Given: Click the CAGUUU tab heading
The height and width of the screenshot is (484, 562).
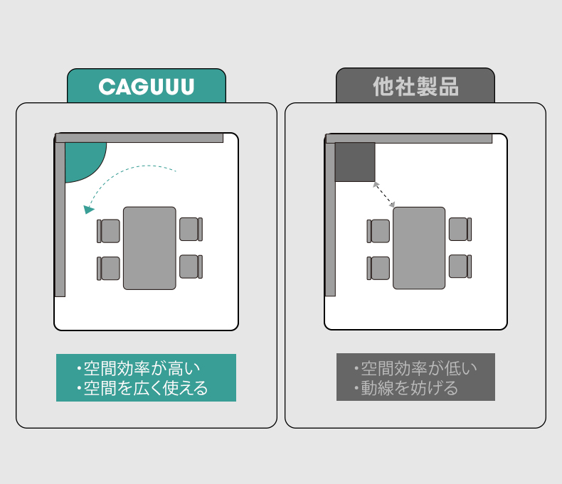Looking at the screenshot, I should [x=147, y=87].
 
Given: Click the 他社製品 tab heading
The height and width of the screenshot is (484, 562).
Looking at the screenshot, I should [x=415, y=87].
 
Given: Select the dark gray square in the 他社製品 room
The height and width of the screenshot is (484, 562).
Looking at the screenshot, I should [x=355, y=161].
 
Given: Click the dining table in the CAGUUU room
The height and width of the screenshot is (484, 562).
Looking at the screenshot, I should [x=149, y=248].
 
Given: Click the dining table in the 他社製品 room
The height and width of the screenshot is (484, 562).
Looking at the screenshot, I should [x=419, y=248].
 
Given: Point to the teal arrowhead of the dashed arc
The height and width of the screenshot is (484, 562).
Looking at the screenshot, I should [x=88, y=209].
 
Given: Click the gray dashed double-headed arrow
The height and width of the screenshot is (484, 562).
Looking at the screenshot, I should [x=383, y=194].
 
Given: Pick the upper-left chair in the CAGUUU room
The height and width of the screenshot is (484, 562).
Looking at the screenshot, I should [x=109, y=231].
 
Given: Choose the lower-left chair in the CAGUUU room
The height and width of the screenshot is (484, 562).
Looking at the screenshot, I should [x=109, y=268].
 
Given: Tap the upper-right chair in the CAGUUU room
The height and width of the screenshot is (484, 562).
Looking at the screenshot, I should [x=190, y=230].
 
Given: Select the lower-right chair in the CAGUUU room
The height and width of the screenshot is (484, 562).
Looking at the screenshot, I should [x=190, y=267].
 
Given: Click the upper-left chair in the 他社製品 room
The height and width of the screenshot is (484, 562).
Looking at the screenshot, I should [x=379, y=231].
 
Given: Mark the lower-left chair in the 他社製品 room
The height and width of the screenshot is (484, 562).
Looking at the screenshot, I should [x=379, y=268].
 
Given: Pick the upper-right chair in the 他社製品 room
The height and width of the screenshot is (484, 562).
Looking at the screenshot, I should [x=460, y=230].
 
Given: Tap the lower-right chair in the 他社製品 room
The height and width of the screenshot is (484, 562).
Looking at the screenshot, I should [x=460, y=267].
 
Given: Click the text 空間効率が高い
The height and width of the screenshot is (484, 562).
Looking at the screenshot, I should [x=142, y=369].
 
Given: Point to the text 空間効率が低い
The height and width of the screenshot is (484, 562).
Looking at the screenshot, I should [x=418, y=369].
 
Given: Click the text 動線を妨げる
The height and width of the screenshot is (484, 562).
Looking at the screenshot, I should [x=409, y=388].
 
